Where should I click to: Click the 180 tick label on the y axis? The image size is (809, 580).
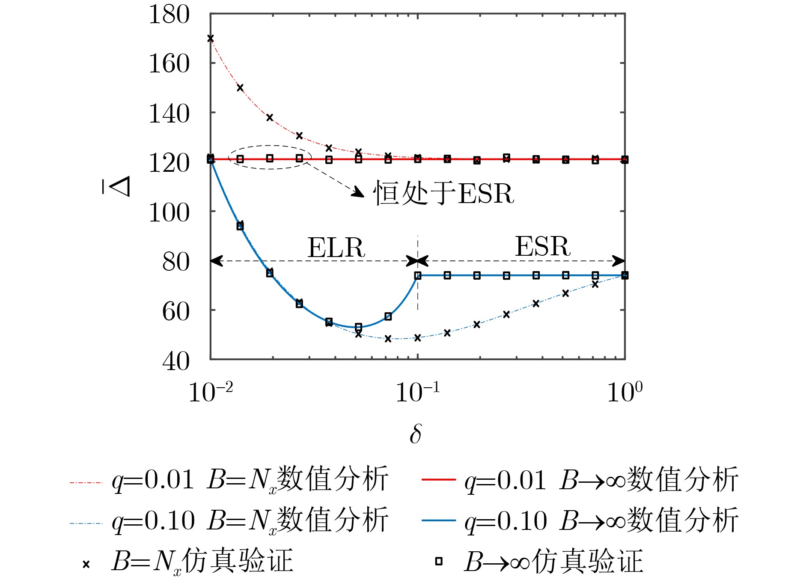tap(169, 15)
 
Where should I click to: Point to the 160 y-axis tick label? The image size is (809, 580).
tap(169, 64)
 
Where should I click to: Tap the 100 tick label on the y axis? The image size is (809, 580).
tap(169, 212)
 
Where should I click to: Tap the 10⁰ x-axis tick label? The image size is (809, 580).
tap(625, 392)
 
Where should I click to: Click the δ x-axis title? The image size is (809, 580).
tap(415, 434)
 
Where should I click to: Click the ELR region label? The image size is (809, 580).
tap(336, 247)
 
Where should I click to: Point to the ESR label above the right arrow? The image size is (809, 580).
tap(542, 246)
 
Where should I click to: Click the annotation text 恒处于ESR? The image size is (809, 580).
tap(443, 193)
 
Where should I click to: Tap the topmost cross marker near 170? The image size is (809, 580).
tap(210, 39)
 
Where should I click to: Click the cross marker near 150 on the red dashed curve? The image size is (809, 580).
tap(240, 88)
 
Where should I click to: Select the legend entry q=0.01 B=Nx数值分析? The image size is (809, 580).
tap(229, 480)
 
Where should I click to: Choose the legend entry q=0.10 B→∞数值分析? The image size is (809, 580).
tap(580, 520)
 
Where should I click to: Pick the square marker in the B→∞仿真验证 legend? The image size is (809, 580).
tap(438, 561)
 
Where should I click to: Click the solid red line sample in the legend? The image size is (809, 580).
tap(438, 480)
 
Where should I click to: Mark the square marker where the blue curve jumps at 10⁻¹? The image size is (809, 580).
tap(418, 275)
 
